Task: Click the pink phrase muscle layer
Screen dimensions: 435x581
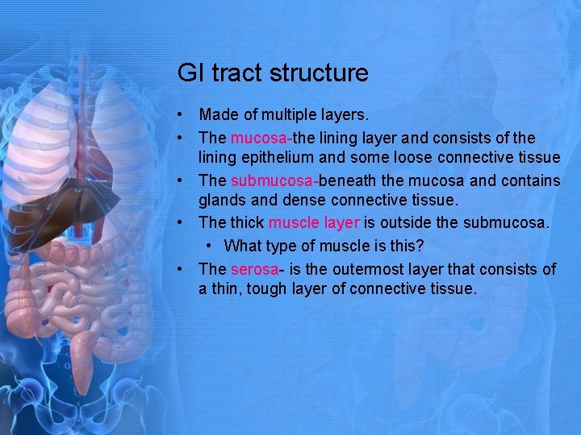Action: (x=314, y=223)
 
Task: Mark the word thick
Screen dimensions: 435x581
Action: (x=247, y=223)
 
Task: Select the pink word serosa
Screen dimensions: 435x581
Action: (x=252, y=268)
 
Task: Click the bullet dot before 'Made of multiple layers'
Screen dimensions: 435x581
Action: (x=185, y=116)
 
